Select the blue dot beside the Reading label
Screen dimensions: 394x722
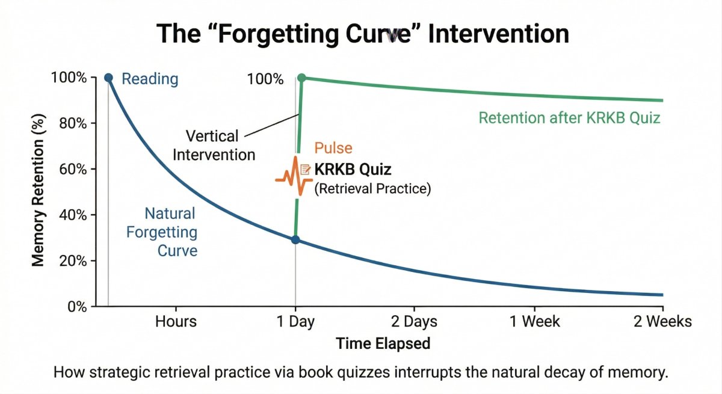[108, 78]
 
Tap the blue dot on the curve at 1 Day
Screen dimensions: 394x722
[295, 239]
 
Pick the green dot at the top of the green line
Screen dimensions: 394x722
[302, 78]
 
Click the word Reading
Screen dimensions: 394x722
[150, 79]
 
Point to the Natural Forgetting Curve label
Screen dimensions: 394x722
[170, 232]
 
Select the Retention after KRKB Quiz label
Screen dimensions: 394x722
[569, 117]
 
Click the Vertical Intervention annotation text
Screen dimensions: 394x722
[214, 145]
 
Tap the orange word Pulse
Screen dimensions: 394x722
[333, 149]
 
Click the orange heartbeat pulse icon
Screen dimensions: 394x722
[294, 176]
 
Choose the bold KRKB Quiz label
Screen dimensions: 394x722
[353, 170]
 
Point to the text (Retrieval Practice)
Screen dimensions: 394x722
[373, 188]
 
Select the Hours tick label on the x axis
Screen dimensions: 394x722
[176, 322]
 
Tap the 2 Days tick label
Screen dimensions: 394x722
[415, 322]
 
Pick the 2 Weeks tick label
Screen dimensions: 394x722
[662, 322]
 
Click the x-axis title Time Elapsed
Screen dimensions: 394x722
[383, 343]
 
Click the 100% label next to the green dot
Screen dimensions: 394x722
[265, 79]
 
